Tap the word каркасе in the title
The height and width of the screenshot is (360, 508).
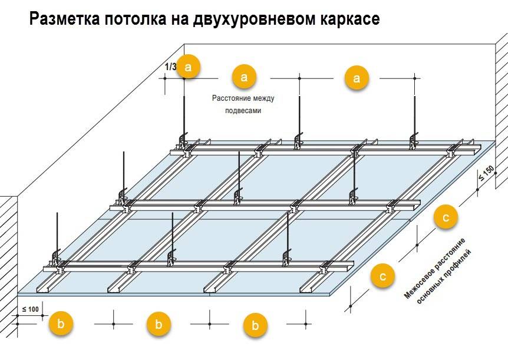click(x=351, y=19)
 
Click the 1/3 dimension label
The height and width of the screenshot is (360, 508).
click(x=170, y=67)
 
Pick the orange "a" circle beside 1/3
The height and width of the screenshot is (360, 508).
click(x=189, y=67)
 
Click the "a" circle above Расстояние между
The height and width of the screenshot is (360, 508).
click(x=245, y=77)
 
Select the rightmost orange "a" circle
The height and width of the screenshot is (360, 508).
click(x=356, y=77)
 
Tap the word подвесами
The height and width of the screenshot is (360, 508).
click(x=243, y=110)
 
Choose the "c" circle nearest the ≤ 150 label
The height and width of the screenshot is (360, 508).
click(x=446, y=217)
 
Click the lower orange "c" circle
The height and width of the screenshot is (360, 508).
click(x=383, y=275)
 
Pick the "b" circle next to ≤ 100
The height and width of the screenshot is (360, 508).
click(x=61, y=323)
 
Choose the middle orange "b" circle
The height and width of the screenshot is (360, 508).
click(x=159, y=323)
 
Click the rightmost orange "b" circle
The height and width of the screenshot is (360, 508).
click(x=255, y=325)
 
